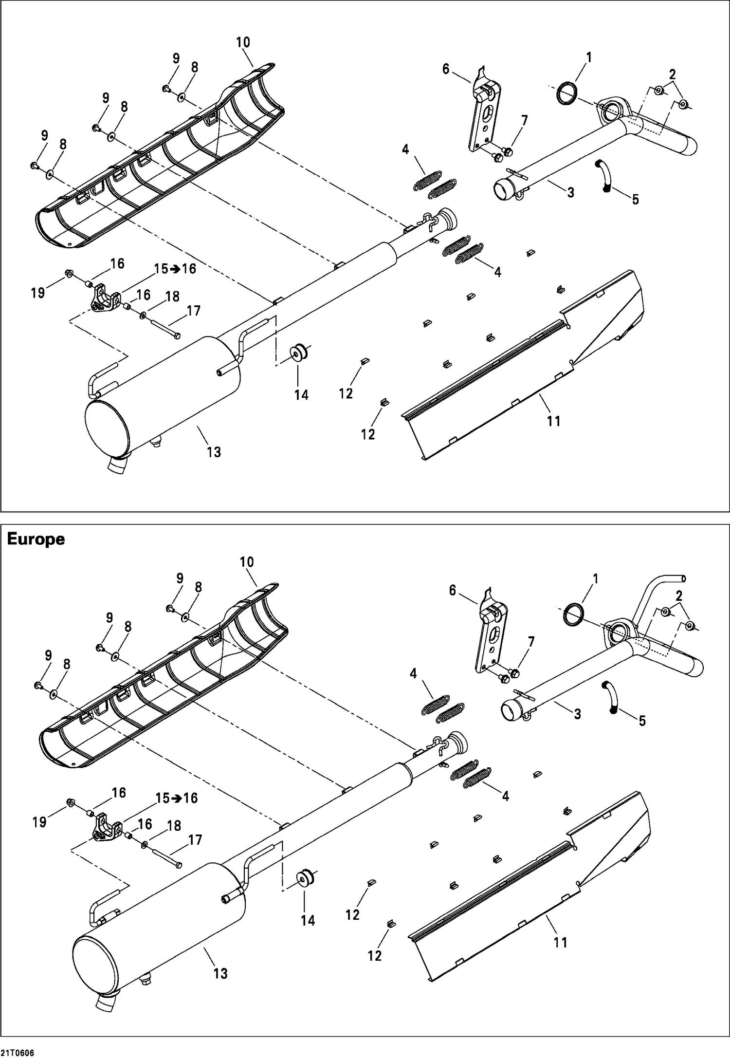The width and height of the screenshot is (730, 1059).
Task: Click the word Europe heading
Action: point(36,539)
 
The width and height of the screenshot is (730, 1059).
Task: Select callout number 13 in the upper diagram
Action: point(214,452)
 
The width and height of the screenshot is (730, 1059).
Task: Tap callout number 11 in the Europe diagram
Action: point(561,943)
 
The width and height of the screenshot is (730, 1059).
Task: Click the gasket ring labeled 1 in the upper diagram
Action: point(567,93)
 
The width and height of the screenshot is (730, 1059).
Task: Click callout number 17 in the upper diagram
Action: point(194,311)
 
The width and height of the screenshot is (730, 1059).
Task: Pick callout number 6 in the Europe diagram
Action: point(452,591)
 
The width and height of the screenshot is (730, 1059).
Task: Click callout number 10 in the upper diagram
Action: point(243,42)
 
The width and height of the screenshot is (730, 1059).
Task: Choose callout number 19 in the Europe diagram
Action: point(39,822)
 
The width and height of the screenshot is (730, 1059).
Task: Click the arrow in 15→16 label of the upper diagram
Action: point(175,269)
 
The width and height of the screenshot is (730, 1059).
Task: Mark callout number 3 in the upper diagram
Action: point(570,192)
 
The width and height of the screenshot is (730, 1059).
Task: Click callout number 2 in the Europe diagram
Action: point(679,595)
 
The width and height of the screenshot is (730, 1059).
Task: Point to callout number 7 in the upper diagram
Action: point(524,120)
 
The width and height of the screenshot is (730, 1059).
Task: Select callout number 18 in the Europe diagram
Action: point(174,826)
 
